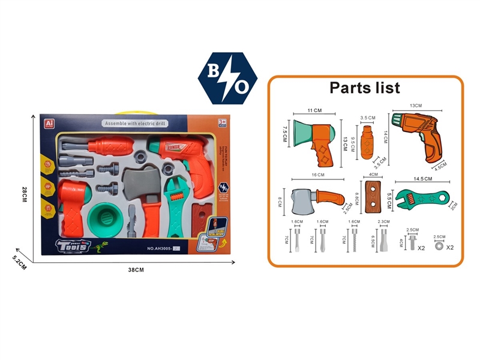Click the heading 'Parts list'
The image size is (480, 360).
coord(364,88)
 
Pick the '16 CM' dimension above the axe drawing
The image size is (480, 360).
coord(317,175)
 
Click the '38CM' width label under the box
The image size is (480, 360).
coord(137,270)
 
